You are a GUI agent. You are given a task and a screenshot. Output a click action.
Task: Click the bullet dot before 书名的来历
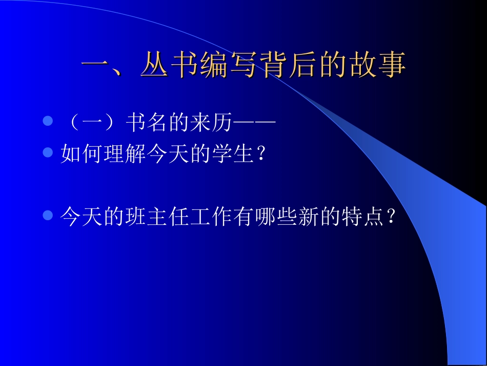click(48, 122)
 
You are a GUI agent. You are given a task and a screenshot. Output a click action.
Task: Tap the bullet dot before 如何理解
click(48, 153)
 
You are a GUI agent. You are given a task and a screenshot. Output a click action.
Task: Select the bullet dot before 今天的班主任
click(48, 215)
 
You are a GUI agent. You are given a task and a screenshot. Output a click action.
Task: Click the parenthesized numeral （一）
click(92, 123)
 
